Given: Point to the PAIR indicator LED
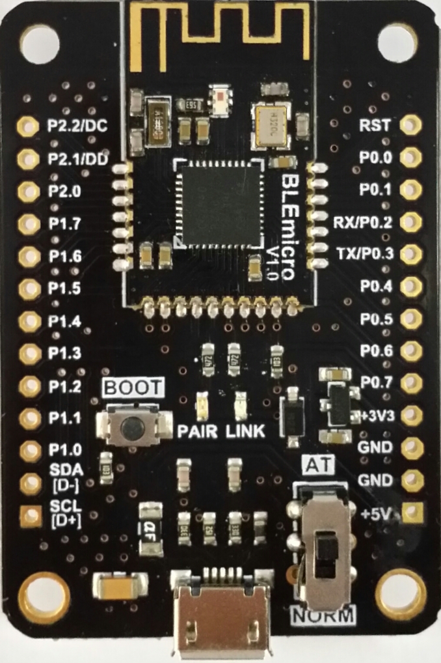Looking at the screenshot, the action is click(202, 406).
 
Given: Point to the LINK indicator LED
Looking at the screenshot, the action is click(240, 406).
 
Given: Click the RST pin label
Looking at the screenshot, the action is click(379, 125).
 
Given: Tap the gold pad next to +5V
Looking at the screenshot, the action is click(411, 513).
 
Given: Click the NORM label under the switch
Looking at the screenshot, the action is click(324, 615).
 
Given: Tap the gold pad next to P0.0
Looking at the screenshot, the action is click(410, 157).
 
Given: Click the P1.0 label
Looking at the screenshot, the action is click(65, 449).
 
